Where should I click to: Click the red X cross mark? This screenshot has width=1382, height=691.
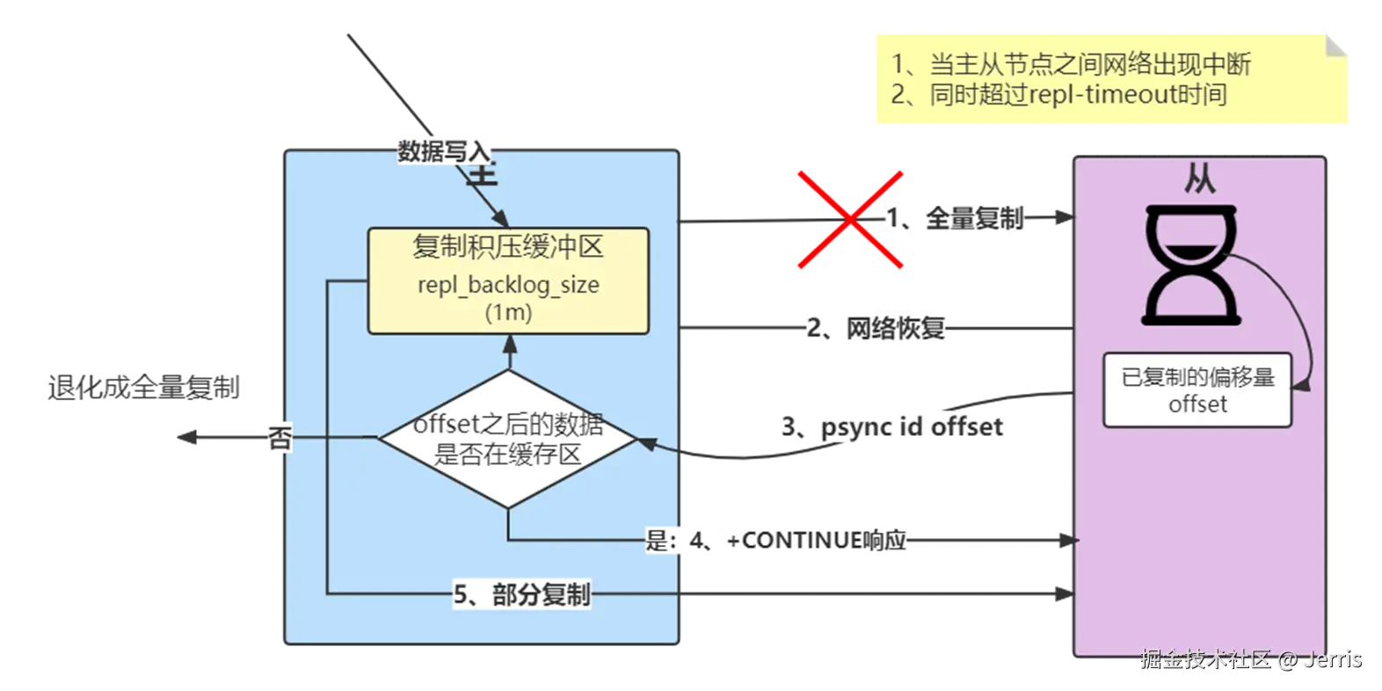pyautogui.click(x=850, y=220)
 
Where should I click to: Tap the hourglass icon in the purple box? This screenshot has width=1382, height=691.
pyautogui.click(x=1191, y=264)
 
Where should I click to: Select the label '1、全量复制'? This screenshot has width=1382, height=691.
pyautogui.click(x=955, y=217)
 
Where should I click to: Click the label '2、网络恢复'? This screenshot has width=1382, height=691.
pyautogui.click(x=876, y=329)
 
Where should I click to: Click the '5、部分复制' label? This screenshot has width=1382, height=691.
pyautogui.click(x=521, y=594)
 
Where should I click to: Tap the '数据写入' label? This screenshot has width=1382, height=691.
pyautogui.click(x=444, y=150)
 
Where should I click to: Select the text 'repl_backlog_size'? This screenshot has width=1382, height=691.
pyautogui.click(x=508, y=285)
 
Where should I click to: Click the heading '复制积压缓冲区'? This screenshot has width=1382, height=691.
pyautogui.click(x=508, y=247)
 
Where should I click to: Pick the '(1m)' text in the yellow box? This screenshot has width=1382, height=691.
pyautogui.click(x=508, y=312)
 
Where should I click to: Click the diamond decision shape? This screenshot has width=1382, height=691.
pyautogui.click(x=508, y=438)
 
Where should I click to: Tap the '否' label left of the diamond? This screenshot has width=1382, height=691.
pyautogui.click(x=280, y=438)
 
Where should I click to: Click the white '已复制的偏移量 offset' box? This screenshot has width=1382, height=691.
pyautogui.click(x=1197, y=390)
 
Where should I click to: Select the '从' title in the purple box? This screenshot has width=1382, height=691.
pyautogui.click(x=1199, y=180)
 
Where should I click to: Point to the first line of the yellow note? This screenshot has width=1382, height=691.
pyautogui.click(x=1071, y=64)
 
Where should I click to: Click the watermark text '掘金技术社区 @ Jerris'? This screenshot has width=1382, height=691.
pyautogui.click(x=1250, y=658)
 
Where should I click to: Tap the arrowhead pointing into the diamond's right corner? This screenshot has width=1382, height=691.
pyautogui.click(x=645, y=443)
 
